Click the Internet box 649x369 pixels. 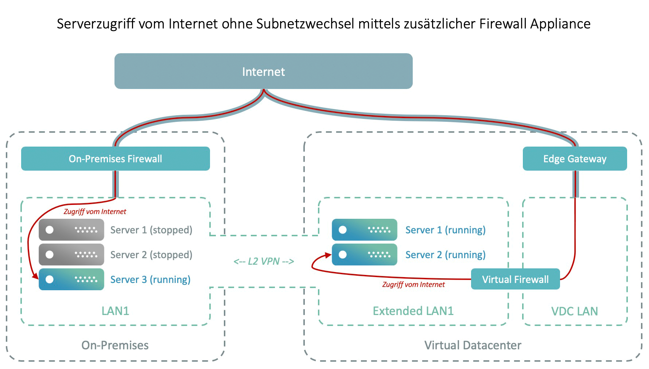pyautogui.click(x=263, y=71)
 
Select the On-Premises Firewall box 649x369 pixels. pyautogui.click(x=115, y=159)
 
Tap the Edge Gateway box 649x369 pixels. pyautogui.click(x=575, y=159)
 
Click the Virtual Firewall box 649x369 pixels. pyautogui.click(x=515, y=279)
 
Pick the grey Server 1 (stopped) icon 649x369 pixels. pyautogui.click(x=71, y=230)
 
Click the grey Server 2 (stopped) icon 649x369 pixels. pyautogui.click(x=71, y=255)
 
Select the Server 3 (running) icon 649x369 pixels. pyautogui.click(x=71, y=279)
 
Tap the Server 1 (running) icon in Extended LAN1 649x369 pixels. pyautogui.click(x=364, y=230)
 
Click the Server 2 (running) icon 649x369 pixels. pyautogui.click(x=364, y=255)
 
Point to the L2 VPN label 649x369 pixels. pyautogui.click(x=264, y=261)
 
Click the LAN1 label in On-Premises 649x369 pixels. pyautogui.click(x=115, y=311)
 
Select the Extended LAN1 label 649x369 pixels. pyautogui.click(x=413, y=311)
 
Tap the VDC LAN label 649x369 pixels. pyautogui.click(x=575, y=311)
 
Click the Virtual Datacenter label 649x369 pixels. pyautogui.click(x=473, y=345)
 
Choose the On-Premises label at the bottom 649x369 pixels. pyautogui.click(x=115, y=345)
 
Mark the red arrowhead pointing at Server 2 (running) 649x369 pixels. pyautogui.click(x=327, y=255)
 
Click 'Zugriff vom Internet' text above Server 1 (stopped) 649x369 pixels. pyautogui.click(x=95, y=211)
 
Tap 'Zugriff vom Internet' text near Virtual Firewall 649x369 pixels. pyautogui.click(x=413, y=284)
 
